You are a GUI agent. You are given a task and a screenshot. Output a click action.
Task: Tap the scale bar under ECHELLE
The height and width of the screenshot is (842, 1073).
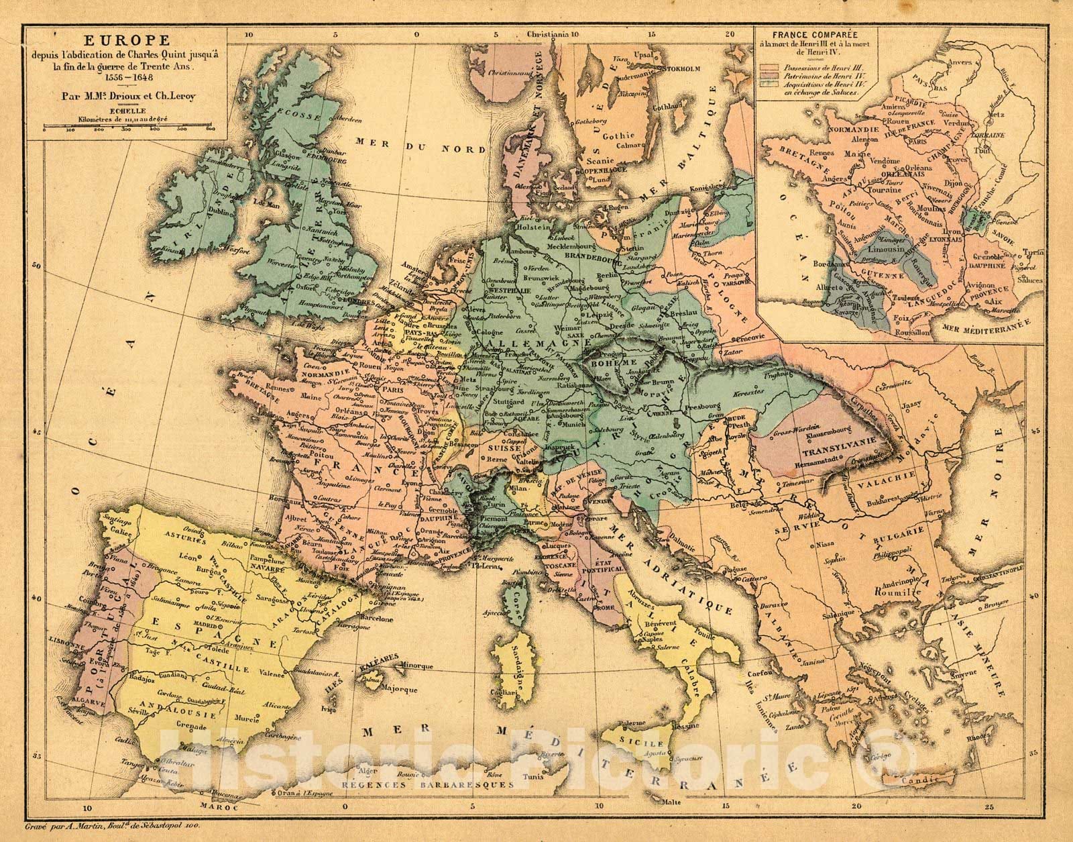128,126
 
